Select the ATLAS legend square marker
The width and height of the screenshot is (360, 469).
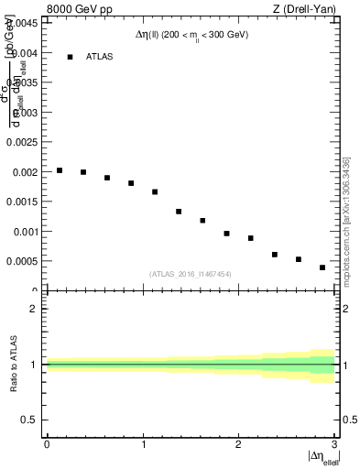point(70,57)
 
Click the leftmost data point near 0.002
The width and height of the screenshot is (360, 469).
point(60,170)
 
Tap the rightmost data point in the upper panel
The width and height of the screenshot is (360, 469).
point(322,267)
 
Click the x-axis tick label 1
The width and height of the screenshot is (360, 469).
point(142,444)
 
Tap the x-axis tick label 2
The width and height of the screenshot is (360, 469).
point(238,444)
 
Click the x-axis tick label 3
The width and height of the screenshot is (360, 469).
point(333,444)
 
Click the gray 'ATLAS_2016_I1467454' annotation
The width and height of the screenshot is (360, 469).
point(191,274)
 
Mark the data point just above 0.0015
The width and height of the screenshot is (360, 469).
point(155,192)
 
